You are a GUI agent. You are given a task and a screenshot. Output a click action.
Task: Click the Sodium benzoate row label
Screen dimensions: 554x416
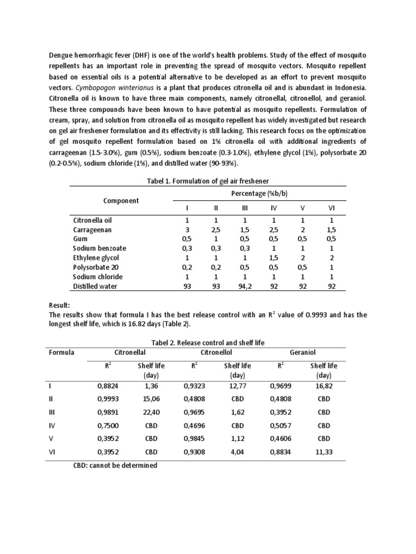[x=100, y=248]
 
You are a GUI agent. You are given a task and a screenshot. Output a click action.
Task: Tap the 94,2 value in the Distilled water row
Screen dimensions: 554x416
[x=244, y=286]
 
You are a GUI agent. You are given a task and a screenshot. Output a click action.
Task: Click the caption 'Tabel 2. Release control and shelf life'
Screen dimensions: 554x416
[x=207, y=342]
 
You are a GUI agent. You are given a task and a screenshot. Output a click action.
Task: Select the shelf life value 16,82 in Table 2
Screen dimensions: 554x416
[x=323, y=386]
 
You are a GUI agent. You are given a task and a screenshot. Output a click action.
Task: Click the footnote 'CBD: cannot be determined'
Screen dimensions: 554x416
[x=115, y=465]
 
